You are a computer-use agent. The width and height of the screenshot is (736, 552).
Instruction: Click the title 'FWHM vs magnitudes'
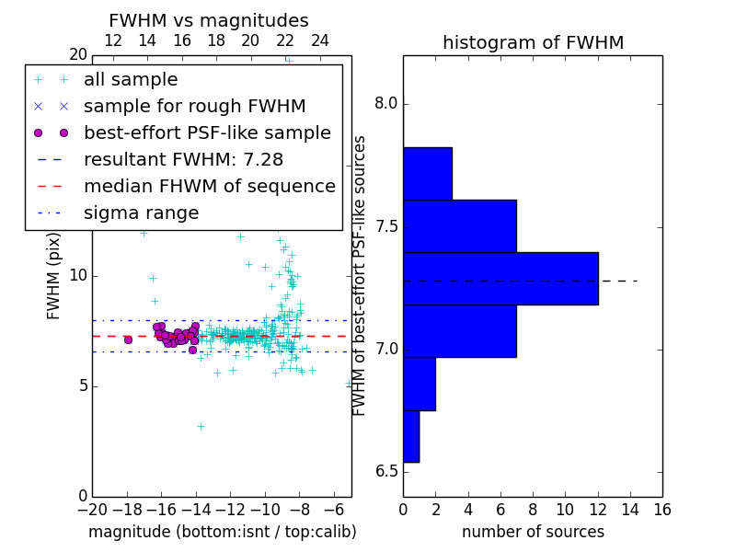[x=209, y=20]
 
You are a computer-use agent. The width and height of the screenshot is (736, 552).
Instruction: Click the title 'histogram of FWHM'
[x=533, y=42]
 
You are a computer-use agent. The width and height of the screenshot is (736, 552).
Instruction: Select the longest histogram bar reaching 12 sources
[x=500, y=278]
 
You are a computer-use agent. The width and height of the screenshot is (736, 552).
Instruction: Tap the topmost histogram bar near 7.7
[x=427, y=173]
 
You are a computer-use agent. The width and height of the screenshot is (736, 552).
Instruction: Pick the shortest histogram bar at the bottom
[x=411, y=436]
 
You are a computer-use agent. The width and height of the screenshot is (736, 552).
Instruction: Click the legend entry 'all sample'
[x=131, y=80]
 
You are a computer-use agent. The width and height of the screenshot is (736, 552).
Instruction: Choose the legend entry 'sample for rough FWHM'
[x=194, y=106]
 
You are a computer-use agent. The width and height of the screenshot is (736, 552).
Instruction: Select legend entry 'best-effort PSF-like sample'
[x=207, y=132]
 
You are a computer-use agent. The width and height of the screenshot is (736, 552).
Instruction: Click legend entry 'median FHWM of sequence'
[x=209, y=186]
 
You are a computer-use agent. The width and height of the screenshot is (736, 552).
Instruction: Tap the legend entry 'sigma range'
[x=141, y=213]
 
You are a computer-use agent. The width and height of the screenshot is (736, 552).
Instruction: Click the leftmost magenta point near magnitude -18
[x=128, y=339]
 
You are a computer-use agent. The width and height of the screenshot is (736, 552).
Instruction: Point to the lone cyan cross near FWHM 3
[x=201, y=426]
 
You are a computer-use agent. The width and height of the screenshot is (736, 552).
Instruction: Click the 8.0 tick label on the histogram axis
[x=385, y=104]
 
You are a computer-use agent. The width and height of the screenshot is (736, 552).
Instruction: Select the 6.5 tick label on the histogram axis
[x=385, y=472]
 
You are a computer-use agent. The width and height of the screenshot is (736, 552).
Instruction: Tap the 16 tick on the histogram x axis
[x=662, y=509]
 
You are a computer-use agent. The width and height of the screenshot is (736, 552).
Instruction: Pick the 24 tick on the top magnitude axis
[x=320, y=40]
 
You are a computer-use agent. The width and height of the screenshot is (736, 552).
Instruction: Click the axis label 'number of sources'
[x=533, y=532]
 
